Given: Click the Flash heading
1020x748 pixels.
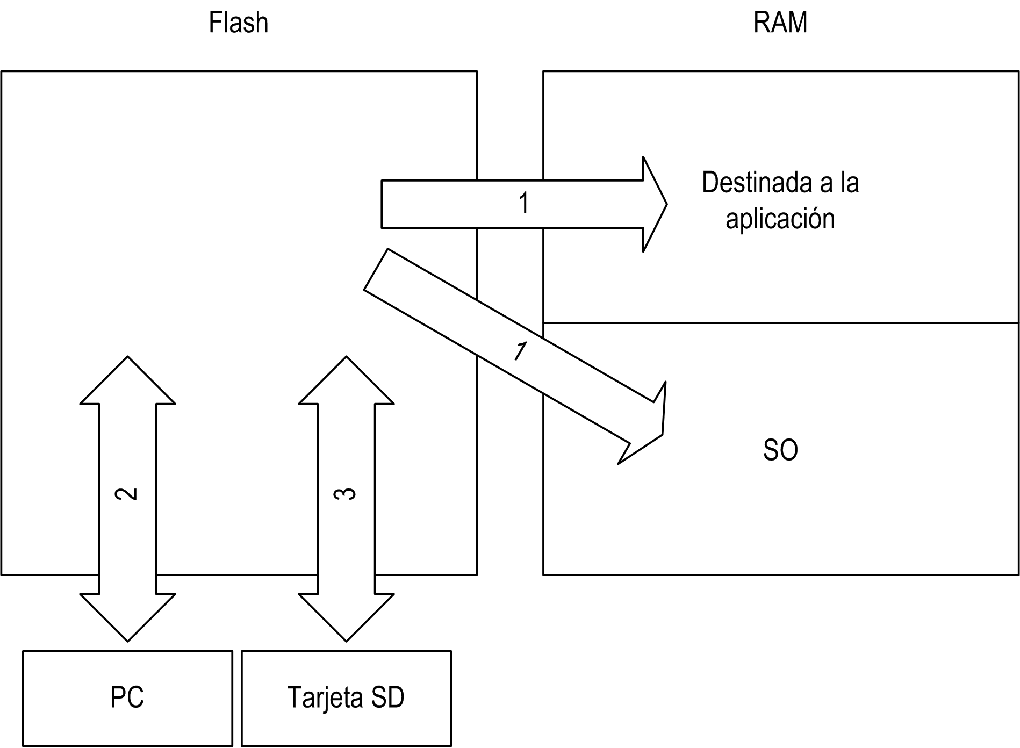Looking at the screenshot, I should click(x=238, y=23).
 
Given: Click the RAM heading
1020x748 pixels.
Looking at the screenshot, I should click(x=780, y=23).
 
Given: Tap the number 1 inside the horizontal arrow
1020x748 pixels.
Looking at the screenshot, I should click(x=523, y=204).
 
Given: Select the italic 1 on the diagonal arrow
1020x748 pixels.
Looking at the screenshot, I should click(x=520, y=351).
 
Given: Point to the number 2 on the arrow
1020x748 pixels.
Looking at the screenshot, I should click(x=127, y=494).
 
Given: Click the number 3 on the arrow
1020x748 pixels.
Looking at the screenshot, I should click(x=346, y=494).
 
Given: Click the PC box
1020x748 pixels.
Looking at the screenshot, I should click(x=127, y=698).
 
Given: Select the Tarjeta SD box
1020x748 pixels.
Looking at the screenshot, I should click(x=346, y=698).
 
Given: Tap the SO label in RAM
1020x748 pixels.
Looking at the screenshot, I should click(x=780, y=450).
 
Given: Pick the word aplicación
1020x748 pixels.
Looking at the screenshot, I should click(x=780, y=219).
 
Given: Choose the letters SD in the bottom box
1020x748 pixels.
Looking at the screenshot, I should click(x=388, y=698).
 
